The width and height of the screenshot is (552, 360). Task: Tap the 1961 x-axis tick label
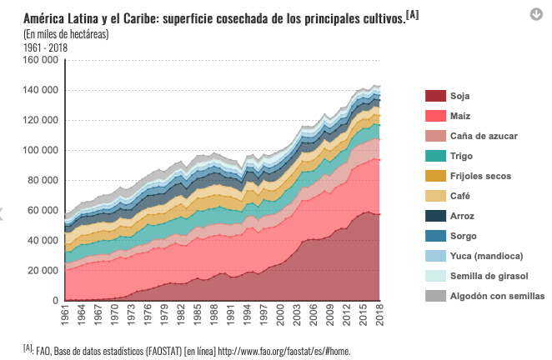coord(65,316)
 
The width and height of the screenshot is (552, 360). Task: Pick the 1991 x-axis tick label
coord(229,316)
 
